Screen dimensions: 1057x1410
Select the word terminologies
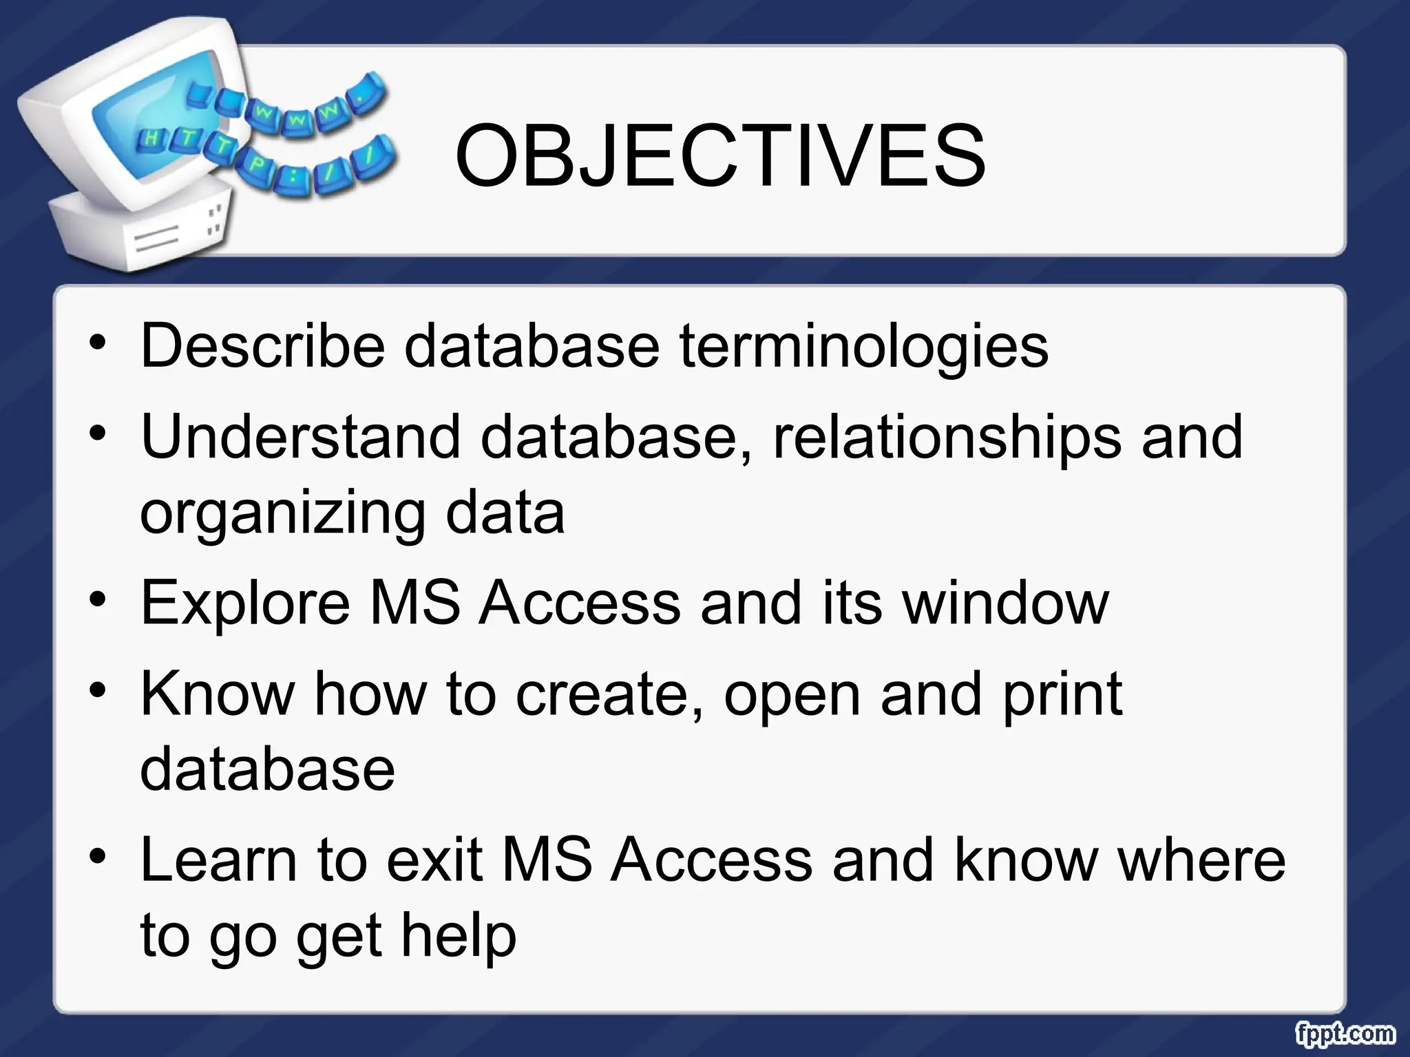pos(864,346)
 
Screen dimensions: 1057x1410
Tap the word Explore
pos(245,603)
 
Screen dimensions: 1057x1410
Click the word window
pos(1006,603)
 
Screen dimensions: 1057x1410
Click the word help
pos(459,936)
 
